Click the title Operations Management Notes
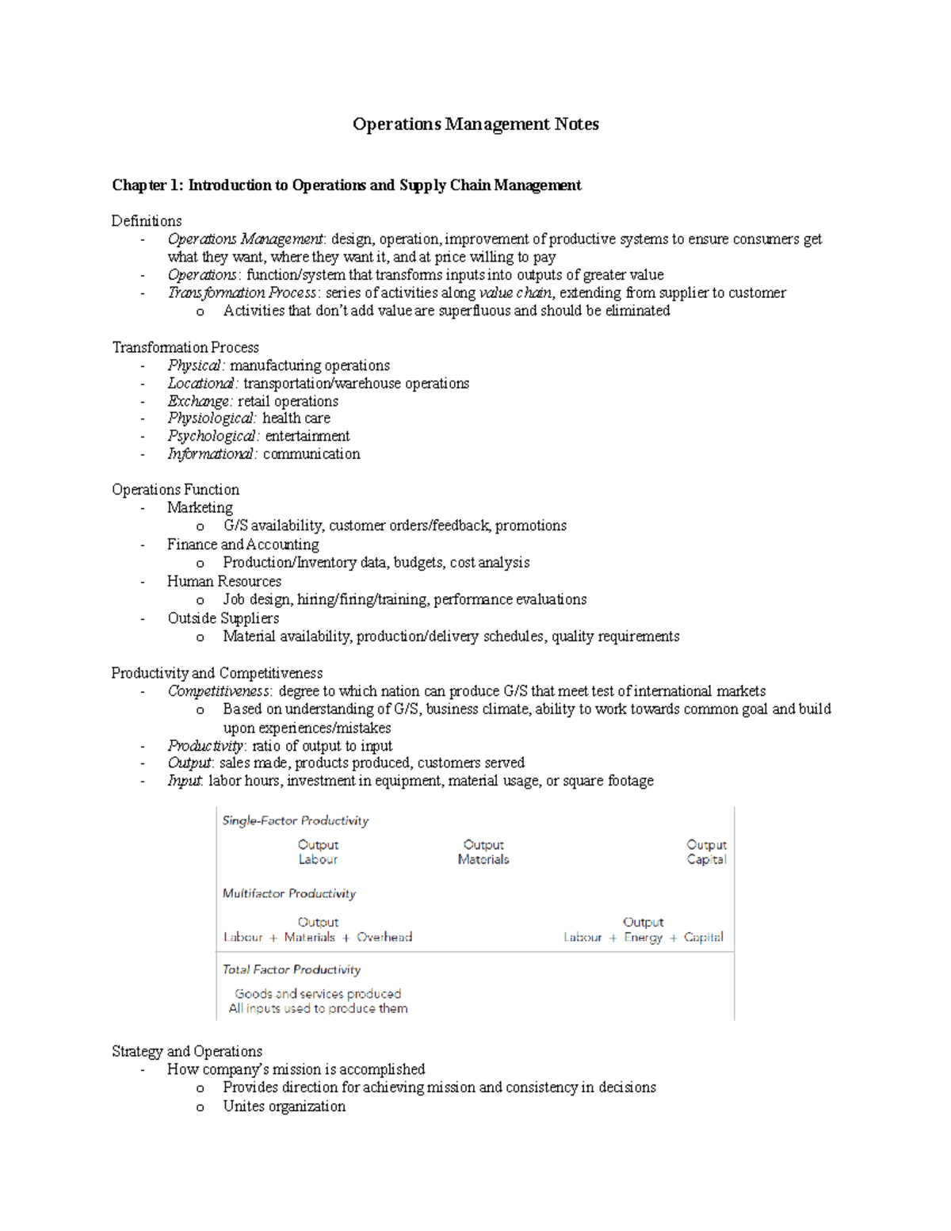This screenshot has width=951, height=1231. pos(475,124)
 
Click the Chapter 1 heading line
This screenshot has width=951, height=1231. pos(346,185)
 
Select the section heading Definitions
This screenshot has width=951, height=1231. pos(147,221)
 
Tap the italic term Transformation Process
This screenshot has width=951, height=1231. pos(243,293)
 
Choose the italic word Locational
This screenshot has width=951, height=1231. pos(202,384)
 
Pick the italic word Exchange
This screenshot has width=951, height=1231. pos(200,402)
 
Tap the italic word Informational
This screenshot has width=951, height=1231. pos(212,454)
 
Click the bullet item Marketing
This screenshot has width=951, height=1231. pos(200,508)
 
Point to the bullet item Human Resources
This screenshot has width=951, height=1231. pos(224,582)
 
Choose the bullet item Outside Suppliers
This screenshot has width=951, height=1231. pos(223,618)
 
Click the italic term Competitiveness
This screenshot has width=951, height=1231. pos(219,691)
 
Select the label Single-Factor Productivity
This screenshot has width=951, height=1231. pos(296,821)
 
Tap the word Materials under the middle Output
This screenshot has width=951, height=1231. pos(483,860)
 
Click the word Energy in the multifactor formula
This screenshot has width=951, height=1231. pos(643,938)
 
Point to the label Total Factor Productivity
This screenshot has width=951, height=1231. pos(292,970)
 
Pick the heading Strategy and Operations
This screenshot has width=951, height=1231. pos(187,1052)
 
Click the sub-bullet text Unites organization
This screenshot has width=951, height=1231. pos(284,1107)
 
